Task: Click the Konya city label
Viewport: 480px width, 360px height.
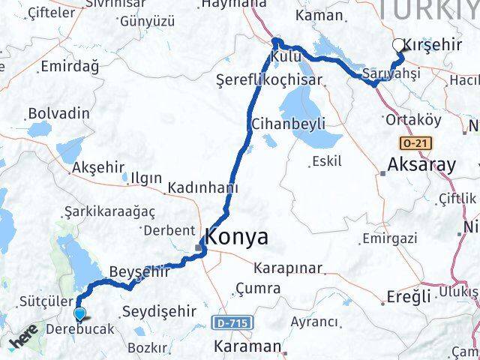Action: [x=238, y=238]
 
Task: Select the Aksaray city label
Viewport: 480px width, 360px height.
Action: [x=421, y=166]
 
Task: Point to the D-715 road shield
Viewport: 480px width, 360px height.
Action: [x=232, y=322]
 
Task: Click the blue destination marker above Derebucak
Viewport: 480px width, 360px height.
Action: [x=79, y=315]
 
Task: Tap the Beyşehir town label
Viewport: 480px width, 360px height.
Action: [x=140, y=271]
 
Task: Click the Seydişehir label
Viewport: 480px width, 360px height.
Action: [x=158, y=310]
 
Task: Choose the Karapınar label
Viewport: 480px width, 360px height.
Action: [x=287, y=268]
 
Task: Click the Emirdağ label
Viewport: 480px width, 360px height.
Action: [x=70, y=67]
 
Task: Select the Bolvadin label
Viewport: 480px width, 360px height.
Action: [x=58, y=114]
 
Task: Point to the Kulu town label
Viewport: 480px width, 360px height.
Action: [x=286, y=57]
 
